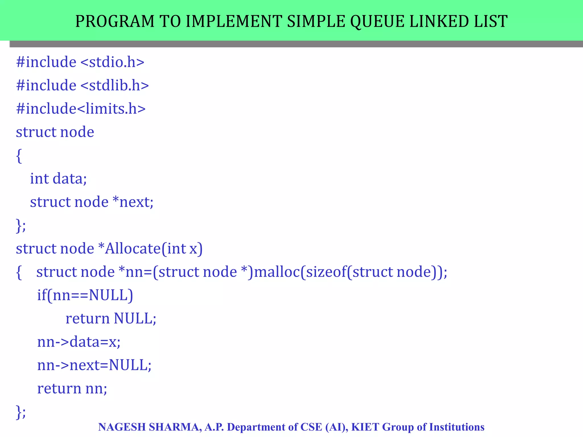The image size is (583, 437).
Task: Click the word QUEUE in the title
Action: point(377,21)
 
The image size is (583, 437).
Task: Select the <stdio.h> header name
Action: point(112,62)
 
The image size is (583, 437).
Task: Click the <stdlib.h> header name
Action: point(115,85)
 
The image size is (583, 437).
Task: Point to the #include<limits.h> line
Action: point(81,109)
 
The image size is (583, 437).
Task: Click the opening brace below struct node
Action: point(19,156)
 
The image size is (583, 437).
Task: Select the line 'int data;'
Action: point(58,179)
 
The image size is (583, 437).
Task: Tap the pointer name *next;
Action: point(133,202)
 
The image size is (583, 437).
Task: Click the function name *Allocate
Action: point(130,248)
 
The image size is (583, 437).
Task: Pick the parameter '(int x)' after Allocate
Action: point(182,248)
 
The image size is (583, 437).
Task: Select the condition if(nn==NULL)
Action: point(85,295)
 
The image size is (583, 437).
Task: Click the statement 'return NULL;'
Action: point(111,318)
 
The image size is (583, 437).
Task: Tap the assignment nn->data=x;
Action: point(79,342)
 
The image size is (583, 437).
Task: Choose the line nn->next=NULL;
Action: point(94,365)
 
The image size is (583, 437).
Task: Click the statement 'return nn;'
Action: point(72,388)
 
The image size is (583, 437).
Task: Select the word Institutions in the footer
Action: point(457,427)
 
